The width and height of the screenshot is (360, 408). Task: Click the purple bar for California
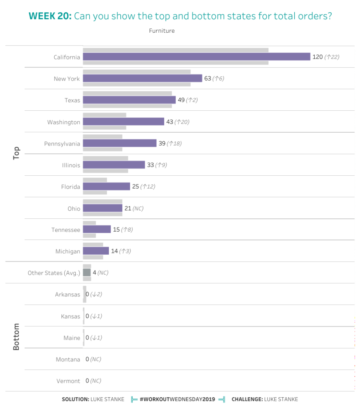pyautogui.click(x=196, y=57)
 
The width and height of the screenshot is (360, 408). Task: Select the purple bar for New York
pyautogui.click(x=142, y=78)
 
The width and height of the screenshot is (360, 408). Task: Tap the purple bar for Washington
pyautogui.click(x=123, y=122)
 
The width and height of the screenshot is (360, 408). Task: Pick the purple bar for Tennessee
pyautogui.click(x=96, y=229)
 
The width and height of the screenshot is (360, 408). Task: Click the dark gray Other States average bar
pyautogui.click(x=87, y=273)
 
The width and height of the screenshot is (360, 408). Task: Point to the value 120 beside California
pyautogui.click(x=317, y=57)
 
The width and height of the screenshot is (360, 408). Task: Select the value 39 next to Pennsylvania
pyautogui.click(x=162, y=143)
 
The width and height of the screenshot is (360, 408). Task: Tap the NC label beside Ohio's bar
pyautogui.click(x=138, y=208)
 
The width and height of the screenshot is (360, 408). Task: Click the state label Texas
pyautogui.click(x=72, y=100)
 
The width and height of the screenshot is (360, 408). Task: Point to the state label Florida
pyautogui.click(x=71, y=187)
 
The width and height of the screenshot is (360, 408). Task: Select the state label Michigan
pyautogui.click(x=68, y=251)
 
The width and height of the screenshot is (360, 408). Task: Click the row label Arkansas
pyautogui.click(x=67, y=295)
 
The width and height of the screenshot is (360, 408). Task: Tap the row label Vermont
pyautogui.click(x=68, y=381)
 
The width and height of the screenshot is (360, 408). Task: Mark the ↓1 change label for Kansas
pyautogui.click(x=96, y=316)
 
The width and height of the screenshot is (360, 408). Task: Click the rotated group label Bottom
pyautogui.click(x=16, y=337)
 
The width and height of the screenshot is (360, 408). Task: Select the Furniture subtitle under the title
pyautogui.click(x=162, y=31)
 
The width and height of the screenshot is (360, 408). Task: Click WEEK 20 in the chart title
pyautogui.click(x=50, y=16)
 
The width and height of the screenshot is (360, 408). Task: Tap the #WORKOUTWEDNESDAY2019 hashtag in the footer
pyautogui.click(x=177, y=399)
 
